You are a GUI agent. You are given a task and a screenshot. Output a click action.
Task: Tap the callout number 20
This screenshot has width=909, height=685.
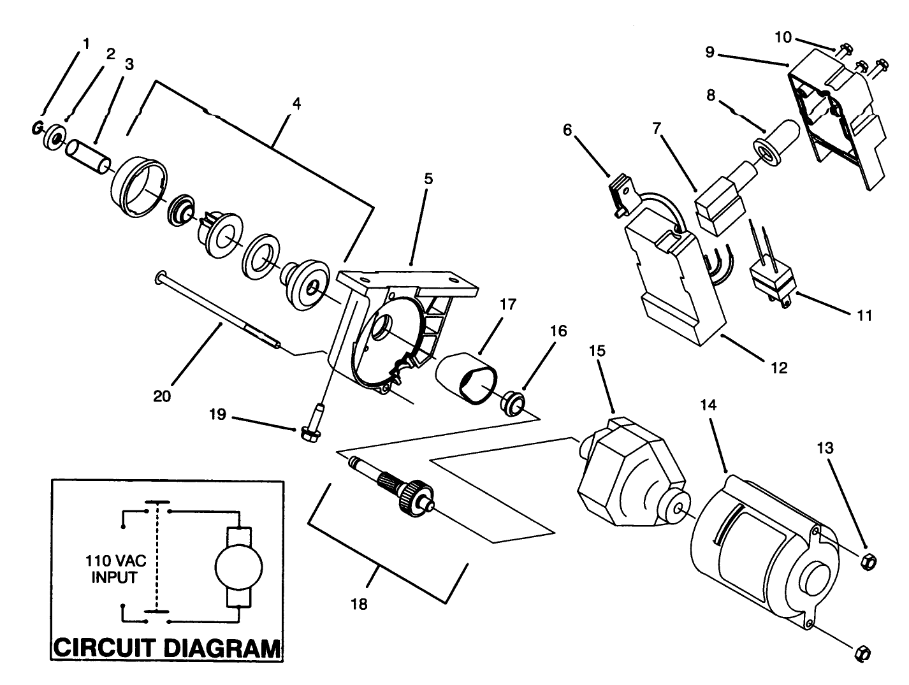coord(162,395)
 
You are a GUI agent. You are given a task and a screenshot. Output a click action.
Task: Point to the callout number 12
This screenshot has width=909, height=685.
coord(778,368)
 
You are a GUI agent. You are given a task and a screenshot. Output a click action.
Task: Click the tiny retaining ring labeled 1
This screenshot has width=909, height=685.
coord(37,129)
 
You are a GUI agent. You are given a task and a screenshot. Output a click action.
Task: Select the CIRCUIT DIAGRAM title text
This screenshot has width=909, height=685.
coord(167,647)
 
